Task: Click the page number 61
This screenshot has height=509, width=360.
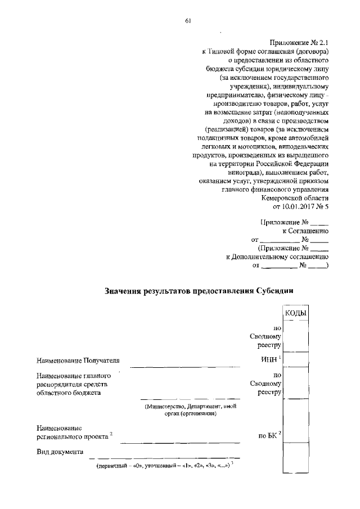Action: pyautogui.click(x=188, y=21)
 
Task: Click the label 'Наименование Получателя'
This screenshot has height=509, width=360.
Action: pyautogui.click(x=79, y=360)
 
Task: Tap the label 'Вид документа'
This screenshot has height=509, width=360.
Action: pyautogui.click(x=60, y=452)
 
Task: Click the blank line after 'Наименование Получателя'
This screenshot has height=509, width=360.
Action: pyautogui.click(x=186, y=364)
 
